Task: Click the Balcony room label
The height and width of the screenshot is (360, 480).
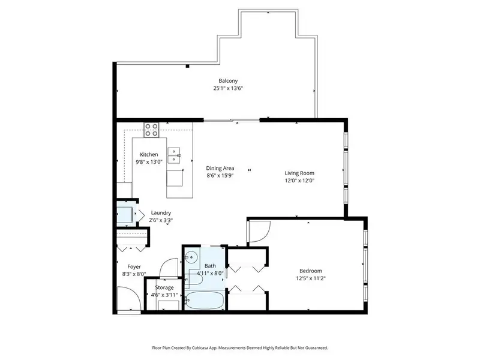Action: pyautogui.click(x=228, y=81)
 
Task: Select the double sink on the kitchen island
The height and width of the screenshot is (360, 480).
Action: pyautogui.click(x=175, y=155)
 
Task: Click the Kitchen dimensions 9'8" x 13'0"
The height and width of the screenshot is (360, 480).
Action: pyautogui.click(x=149, y=162)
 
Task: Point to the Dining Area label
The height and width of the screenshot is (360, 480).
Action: pyautogui.click(x=220, y=168)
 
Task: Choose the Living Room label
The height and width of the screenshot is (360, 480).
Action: pyautogui.click(x=299, y=173)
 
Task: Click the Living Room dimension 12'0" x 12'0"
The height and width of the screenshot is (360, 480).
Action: pyautogui.click(x=299, y=181)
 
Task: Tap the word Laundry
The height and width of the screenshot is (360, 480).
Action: pyautogui.click(x=161, y=212)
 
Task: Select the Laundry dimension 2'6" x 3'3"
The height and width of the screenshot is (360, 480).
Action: pyautogui.click(x=161, y=220)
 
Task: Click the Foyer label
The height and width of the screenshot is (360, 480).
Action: pyautogui.click(x=134, y=266)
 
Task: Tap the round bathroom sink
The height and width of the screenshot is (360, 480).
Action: pyautogui.click(x=191, y=257)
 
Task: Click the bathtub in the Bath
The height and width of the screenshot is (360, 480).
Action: pyautogui.click(x=204, y=299)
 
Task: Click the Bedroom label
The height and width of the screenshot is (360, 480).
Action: pyautogui.click(x=311, y=271)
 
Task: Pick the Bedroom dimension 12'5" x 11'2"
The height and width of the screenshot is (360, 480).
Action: pyautogui.click(x=311, y=278)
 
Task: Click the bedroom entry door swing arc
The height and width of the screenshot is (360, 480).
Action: pyautogui.click(x=257, y=233)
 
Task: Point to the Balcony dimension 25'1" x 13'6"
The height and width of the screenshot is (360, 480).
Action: pyautogui.click(x=228, y=88)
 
